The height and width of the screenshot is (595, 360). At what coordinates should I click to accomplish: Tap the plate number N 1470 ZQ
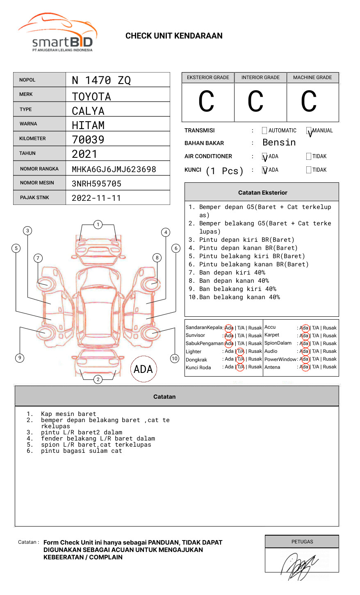click(x=101, y=80)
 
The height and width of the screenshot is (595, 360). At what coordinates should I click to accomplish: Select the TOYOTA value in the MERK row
click(x=91, y=97)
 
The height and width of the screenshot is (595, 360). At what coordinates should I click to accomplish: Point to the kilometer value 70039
click(x=88, y=140)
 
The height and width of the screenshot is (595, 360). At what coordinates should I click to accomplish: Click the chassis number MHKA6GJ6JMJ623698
click(x=114, y=169)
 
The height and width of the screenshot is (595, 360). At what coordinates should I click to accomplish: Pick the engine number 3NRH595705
click(x=96, y=184)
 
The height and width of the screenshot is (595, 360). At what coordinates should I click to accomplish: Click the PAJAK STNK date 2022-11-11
click(x=96, y=198)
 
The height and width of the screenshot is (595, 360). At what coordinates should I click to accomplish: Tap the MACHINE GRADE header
click(x=312, y=77)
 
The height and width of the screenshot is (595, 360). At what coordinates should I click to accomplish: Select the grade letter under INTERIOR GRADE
click(x=255, y=102)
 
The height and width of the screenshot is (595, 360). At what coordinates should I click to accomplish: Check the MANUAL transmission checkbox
click(x=309, y=131)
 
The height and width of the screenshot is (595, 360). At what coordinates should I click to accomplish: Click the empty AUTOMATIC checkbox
click(x=264, y=131)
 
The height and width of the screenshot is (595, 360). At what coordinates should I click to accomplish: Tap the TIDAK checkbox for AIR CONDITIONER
click(x=309, y=157)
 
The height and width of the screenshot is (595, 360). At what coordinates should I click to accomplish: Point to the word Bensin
click(x=279, y=143)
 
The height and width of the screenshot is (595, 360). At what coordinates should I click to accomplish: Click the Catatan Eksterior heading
click(x=262, y=193)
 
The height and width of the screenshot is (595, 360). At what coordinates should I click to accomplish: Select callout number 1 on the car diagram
click(x=98, y=225)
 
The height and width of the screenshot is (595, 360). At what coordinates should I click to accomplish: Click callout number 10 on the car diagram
click(x=175, y=359)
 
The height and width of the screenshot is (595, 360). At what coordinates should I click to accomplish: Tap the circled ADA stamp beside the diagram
click(x=143, y=369)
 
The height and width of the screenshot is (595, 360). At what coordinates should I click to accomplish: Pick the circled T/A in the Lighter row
click(x=240, y=352)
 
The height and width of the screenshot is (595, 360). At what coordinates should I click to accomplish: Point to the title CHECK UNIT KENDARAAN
click(x=174, y=36)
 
